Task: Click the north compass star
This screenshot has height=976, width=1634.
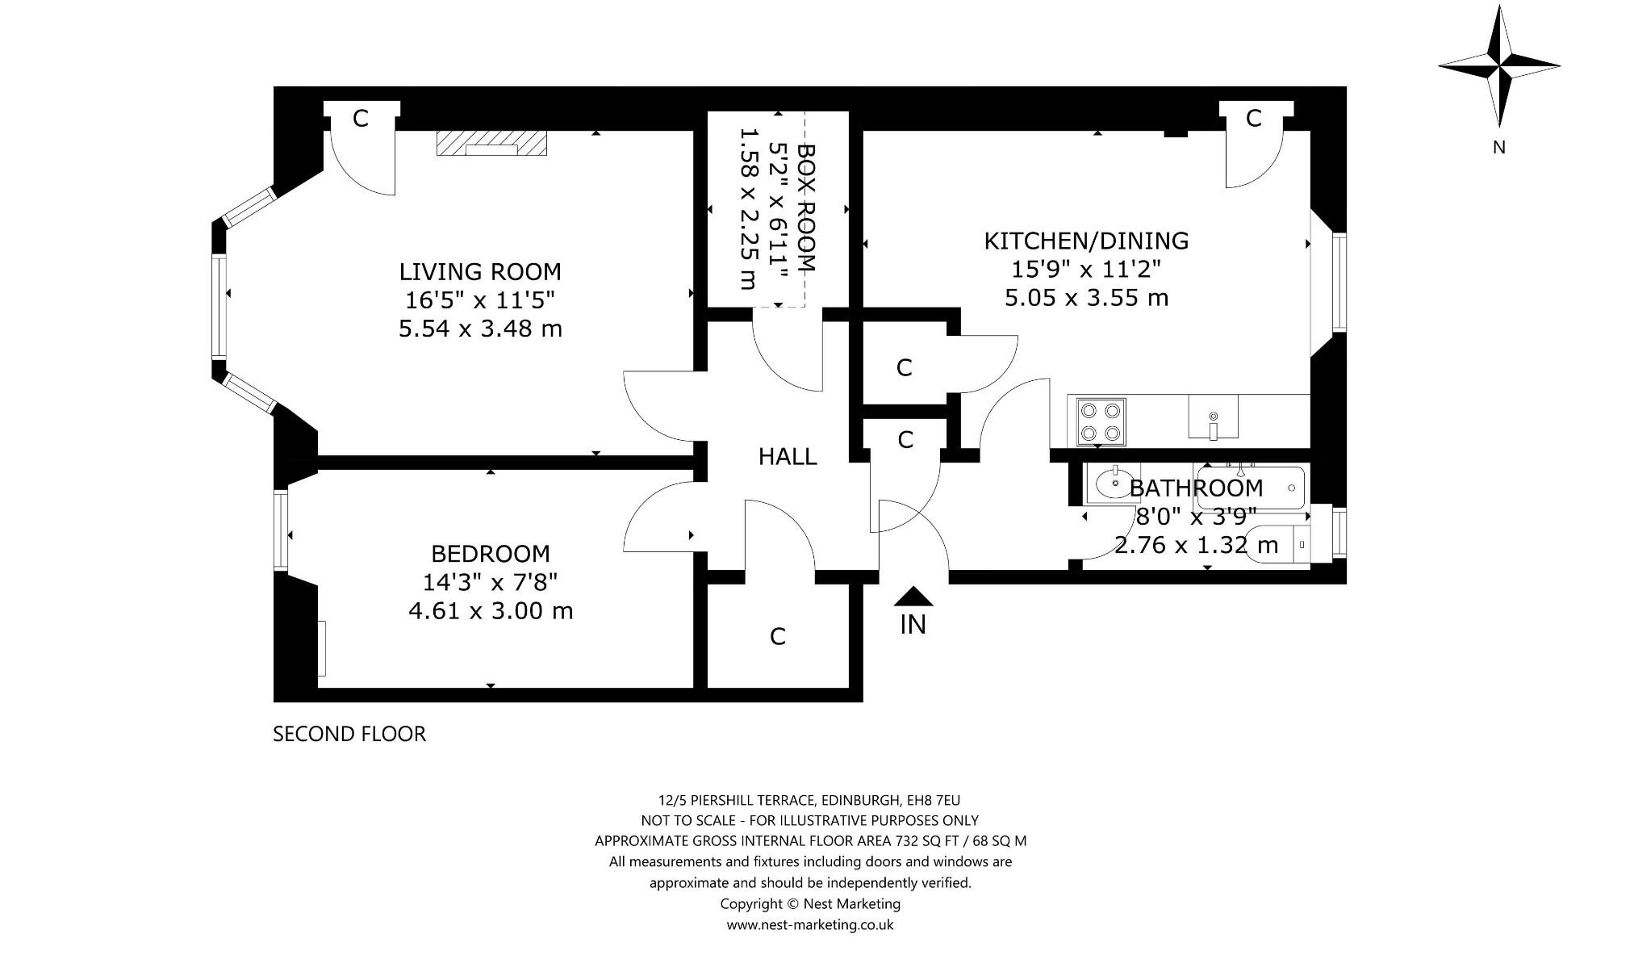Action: click(x=1499, y=65)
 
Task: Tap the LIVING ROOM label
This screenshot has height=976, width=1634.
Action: click(x=480, y=271)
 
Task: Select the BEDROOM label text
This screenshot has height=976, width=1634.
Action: click(x=491, y=554)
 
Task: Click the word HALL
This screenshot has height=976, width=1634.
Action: click(x=788, y=457)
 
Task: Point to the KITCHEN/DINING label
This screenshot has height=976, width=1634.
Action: click(x=1086, y=241)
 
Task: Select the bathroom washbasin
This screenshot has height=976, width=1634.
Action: click(x=1114, y=484)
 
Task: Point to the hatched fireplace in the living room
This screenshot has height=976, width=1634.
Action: click(x=491, y=143)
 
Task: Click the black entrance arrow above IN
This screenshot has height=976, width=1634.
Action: click(x=913, y=596)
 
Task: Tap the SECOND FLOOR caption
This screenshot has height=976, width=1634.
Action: click(x=349, y=734)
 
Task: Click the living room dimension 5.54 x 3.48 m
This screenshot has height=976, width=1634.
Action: click(x=480, y=329)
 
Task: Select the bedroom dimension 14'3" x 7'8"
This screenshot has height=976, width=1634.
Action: click(x=491, y=582)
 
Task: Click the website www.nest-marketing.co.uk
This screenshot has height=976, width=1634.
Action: click(x=810, y=925)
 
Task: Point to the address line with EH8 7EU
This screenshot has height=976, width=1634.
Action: click(x=809, y=800)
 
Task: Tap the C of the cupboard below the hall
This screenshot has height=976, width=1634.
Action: click(x=778, y=637)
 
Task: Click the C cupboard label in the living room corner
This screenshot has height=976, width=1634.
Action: click(x=361, y=119)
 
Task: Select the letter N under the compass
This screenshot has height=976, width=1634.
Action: click(x=1499, y=148)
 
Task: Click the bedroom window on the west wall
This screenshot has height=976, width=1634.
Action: click(x=281, y=530)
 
